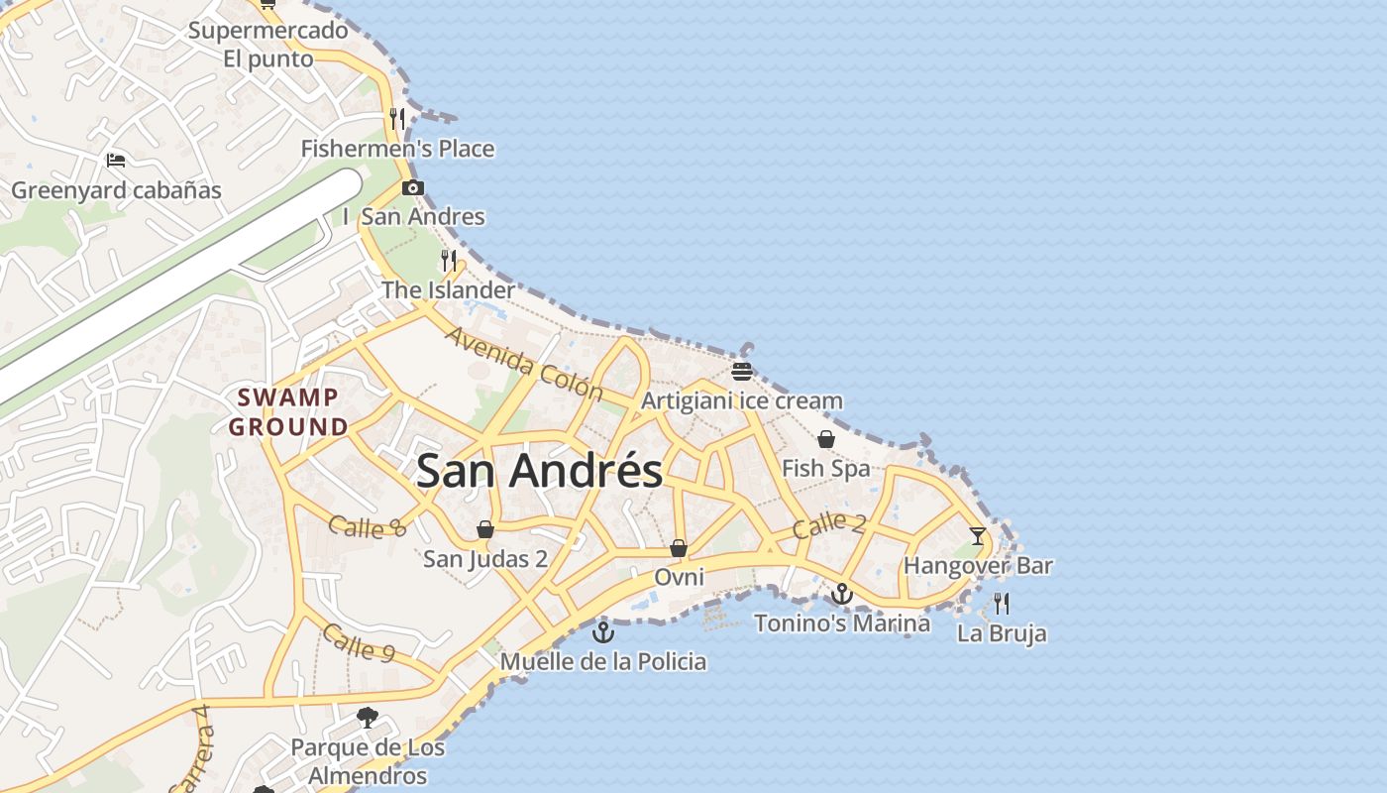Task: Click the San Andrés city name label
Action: point(540,470)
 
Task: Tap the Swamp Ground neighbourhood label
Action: point(288,412)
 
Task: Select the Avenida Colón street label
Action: point(523,363)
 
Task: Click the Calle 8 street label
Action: point(367,526)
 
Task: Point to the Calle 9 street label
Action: point(359,643)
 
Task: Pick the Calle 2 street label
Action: point(829,525)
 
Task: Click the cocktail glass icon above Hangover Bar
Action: point(978,536)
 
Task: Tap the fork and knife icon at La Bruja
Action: point(1002,604)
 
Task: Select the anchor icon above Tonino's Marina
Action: point(842,594)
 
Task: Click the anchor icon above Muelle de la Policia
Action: point(603,631)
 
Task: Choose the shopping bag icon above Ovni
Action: point(679,548)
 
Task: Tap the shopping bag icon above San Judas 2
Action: point(485,529)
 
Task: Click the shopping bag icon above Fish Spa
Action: point(826,439)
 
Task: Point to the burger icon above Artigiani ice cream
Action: point(742,372)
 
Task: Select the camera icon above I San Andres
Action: point(413,187)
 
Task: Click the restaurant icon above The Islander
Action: point(449,261)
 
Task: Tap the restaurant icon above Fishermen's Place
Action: point(397,119)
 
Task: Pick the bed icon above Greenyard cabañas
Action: point(116,161)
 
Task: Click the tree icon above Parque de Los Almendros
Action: point(368,717)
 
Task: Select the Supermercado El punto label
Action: point(268,45)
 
